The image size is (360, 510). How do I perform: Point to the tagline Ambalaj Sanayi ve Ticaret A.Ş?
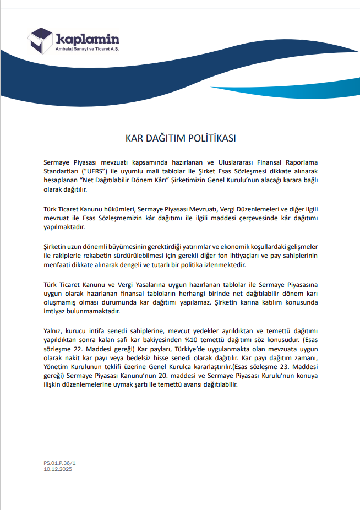[x=88, y=50]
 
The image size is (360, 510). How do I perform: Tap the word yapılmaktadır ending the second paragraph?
[x=64, y=227]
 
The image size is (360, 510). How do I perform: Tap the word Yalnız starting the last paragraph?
[x=53, y=330]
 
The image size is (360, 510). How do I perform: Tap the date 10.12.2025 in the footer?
[x=58, y=469]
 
